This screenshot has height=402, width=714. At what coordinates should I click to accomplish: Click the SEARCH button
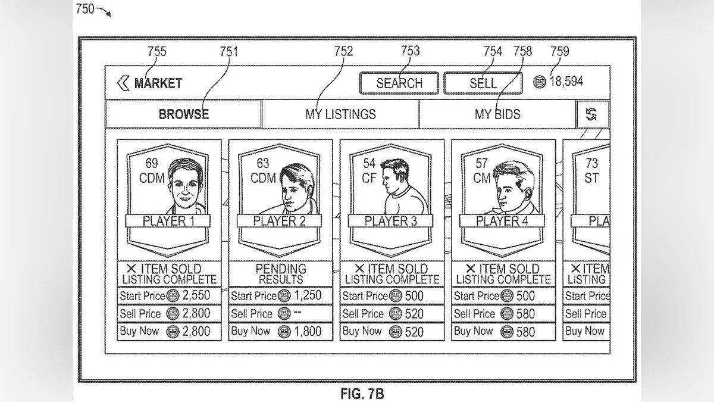(x=399, y=83)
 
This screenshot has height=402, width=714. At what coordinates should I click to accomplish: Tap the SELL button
(x=483, y=83)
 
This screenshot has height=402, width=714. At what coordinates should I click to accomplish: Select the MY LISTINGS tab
(x=340, y=114)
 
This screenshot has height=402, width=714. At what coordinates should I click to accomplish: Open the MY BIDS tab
(x=497, y=114)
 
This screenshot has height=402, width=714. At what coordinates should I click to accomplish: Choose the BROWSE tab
(x=183, y=114)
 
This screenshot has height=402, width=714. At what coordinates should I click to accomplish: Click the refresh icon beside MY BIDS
(x=591, y=114)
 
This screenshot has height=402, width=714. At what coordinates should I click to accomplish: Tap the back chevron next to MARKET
(x=123, y=83)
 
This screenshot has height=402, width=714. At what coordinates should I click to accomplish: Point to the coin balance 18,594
(x=565, y=82)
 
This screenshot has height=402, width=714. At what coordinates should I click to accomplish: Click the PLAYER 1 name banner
(x=168, y=221)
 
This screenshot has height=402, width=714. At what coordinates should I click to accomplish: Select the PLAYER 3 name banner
(x=391, y=221)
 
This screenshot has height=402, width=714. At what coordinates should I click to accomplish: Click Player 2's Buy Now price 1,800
(x=308, y=332)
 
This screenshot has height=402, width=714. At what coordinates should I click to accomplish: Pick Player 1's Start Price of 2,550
(x=196, y=295)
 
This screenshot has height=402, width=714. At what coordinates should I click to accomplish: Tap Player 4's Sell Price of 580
(x=525, y=314)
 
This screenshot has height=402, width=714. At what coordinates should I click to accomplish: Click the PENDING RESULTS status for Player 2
(x=280, y=273)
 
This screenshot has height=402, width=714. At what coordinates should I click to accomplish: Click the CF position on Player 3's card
(x=369, y=178)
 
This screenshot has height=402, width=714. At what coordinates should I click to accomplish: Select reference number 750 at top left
(x=85, y=9)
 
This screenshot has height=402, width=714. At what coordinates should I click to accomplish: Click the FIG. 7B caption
(x=362, y=394)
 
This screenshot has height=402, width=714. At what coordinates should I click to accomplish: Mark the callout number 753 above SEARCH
(x=410, y=51)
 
